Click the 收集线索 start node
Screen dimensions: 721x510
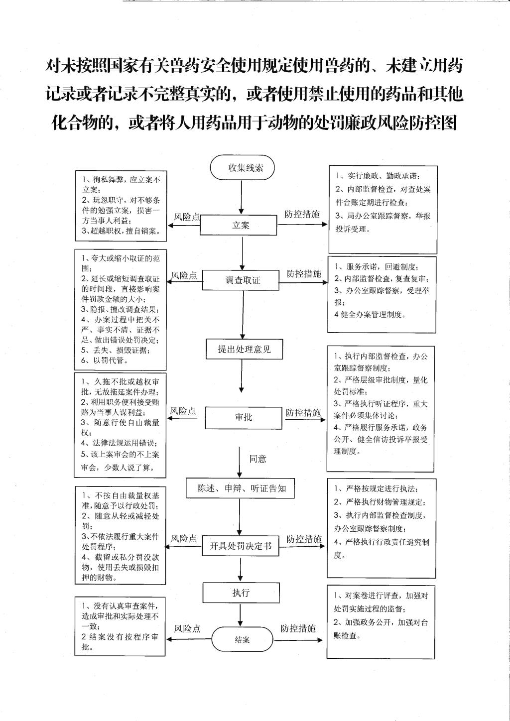tap(242, 168)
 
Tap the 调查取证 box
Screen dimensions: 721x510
tap(244, 280)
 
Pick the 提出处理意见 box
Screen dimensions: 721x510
tap(244, 349)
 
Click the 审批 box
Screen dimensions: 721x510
tap(244, 417)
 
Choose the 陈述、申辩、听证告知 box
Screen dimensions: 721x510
tap(242, 488)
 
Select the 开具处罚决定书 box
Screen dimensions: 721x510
tap(241, 546)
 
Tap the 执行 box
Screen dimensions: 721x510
tap(240, 593)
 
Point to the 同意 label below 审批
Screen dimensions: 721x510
tap(257, 459)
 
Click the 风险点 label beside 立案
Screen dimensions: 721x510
tap(186, 217)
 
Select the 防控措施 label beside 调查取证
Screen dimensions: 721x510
tap(303, 274)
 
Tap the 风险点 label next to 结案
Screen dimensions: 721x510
tap(187, 629)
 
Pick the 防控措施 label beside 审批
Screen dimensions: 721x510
tap(303, 413)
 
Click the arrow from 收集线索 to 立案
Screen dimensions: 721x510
tap(242, 197)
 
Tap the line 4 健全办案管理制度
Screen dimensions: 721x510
tap(370, 315)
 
